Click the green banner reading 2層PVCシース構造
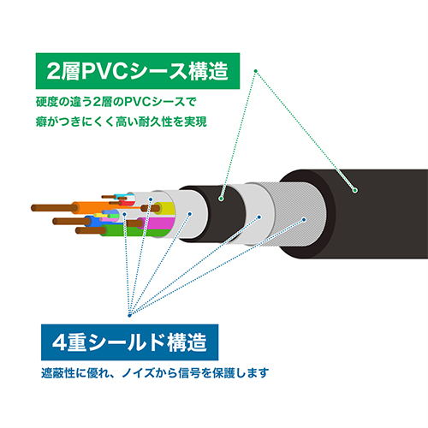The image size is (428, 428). [138, 71]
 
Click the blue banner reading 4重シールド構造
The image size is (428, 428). [129, 342]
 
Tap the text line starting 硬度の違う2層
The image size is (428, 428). [116, 102]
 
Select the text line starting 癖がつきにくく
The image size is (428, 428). [121, 122]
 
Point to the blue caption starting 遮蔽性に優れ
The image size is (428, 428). [155, 373]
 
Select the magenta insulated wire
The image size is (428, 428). [157, 223]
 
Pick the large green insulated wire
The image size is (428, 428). [134, 231]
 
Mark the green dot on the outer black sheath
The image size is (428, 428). [354, 190]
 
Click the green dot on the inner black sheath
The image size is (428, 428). [221, 199]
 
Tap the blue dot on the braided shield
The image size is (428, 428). [304, 219]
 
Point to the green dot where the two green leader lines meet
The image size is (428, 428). [256, 71]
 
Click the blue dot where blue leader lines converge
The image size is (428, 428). [129, 315]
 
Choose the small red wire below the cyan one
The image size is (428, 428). [127, 203]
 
